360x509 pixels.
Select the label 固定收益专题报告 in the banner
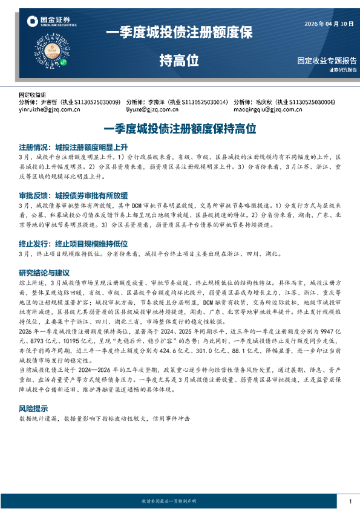click(x=327, y=61)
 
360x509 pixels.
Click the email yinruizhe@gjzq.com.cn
click(x=50, y=111)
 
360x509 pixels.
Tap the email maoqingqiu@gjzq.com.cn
click(x=267, y=111)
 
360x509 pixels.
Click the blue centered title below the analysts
click(x=180, y=128)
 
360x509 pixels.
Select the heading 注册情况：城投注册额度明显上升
click(x=73, y=147)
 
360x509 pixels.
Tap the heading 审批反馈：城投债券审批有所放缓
click(x=73, y=195)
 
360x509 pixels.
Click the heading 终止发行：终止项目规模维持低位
click(x=73, y=244)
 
